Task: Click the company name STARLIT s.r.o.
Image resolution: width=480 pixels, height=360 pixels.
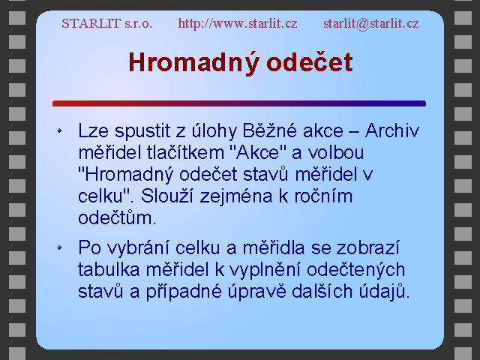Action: click(x=106, y=23)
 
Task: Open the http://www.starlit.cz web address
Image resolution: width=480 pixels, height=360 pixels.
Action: click(x=238, y=23)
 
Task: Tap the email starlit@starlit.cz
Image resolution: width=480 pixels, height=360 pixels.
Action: click(x=371, y=23)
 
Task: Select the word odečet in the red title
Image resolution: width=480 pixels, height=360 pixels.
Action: click(x=310, y=62)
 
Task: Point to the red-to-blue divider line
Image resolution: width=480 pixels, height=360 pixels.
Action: click(x=239, y=103)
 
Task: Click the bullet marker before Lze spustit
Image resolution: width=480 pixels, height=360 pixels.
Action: click(x=59, y=130)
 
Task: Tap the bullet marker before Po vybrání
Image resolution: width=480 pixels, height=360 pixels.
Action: click(x=59, y=247)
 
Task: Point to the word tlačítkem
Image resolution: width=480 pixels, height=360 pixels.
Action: click(x=185, y=152)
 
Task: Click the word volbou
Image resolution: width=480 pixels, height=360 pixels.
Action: click(x=336, y=152)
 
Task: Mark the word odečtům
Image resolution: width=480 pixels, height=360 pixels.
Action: click(x=117, y=217)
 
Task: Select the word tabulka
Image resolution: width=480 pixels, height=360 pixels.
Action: click(x=109, y=269)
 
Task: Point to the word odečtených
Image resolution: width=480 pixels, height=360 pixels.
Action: click(x=356, y=269)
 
